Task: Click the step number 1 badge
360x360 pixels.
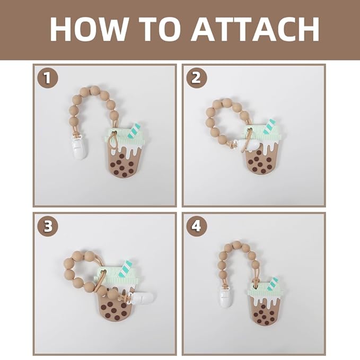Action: tap(48, 78)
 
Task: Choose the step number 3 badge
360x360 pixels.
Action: tap(48, 226)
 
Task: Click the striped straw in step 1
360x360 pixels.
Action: tap(135, 130)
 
